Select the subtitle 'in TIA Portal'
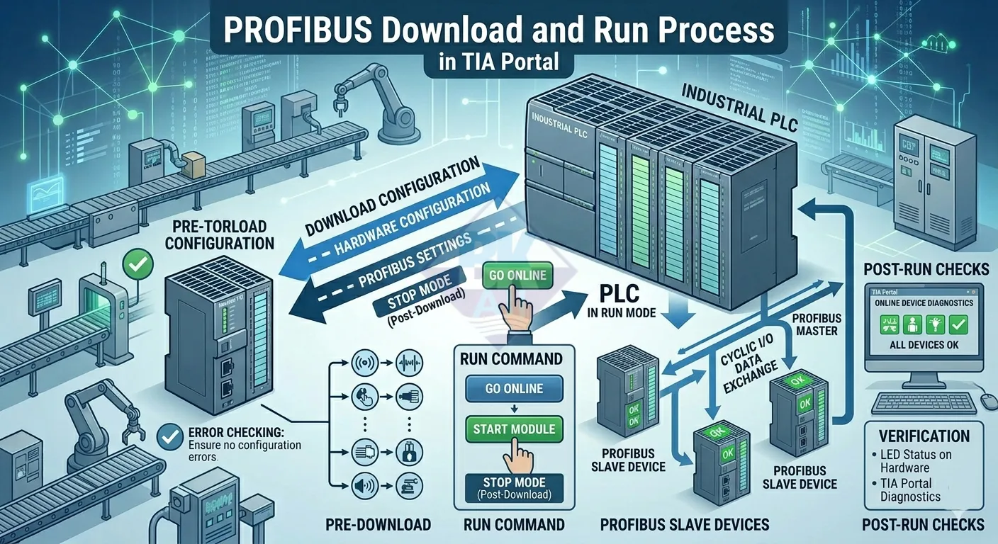(498, 62)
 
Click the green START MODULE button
(514, 429)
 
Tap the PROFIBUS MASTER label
(814, 324)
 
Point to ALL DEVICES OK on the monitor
(923, 345)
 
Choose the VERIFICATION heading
(924, 436)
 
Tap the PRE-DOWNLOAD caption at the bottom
(378, 525)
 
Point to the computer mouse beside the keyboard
(986, 402)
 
